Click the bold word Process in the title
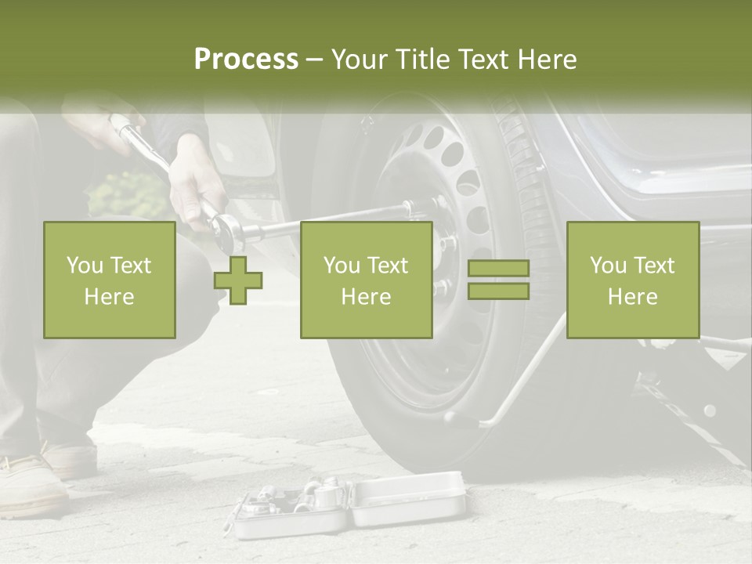pyautogui.click(x=246, y=60)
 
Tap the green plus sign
pyautogui.click(x=238, y=280)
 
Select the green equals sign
pyautogui.click(x=498, y=280)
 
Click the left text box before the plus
pyautogui.click(x=110, y=280)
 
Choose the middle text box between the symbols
pyautogui.click(x=366, y=280)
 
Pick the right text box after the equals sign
pyautogui.click(x=632, y=280)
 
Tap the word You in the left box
pyautogui.click(x=84, y=266)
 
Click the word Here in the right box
pyautogui.click(x=632, y=297)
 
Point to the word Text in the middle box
pyautogui.click(x=389, y=266)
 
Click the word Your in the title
pyautogui.click(x=359, y=60)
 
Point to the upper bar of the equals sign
pyautogui.click(x=498, y=269)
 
